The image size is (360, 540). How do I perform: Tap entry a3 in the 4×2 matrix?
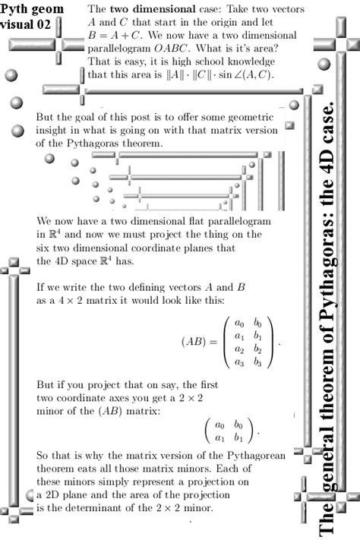tap(238, 363)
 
